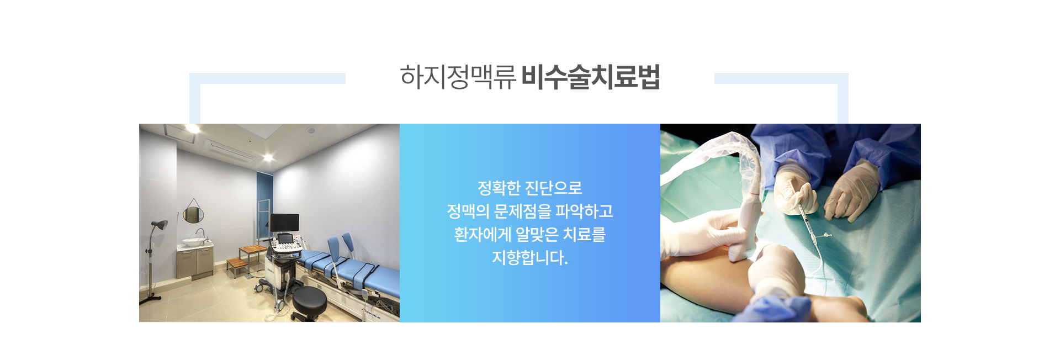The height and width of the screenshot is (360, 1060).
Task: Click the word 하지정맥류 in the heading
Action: pos(458,77)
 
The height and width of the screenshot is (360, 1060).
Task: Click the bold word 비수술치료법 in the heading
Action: pos(591,77)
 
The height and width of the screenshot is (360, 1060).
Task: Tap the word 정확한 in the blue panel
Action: pos(499,188)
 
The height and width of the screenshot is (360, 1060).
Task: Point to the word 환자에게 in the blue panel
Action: pos(483,235)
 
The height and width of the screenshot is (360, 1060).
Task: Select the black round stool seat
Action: pos(309,299)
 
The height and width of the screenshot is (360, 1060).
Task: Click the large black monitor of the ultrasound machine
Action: pos(284,223)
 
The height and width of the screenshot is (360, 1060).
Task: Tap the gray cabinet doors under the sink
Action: pos(195,262)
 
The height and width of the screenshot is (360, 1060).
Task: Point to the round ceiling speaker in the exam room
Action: pos(311,131)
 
